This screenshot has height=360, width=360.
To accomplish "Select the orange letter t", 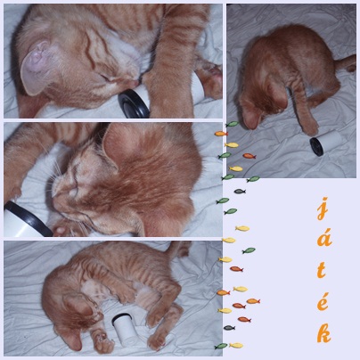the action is click(x=321, y=270).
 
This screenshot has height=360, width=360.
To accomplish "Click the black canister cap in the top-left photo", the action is click(x=134, y=104).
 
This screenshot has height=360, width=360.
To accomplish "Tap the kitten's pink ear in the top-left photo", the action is click(x=35, y=70).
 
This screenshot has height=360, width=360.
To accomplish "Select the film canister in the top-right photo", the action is click(x=325, y=143).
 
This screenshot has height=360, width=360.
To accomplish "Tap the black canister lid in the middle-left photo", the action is click(x=28, y=219).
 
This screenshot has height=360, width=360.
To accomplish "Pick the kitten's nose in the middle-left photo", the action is click(x=53, y=193).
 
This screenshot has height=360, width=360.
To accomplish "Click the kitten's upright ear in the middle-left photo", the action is click(x=119, y=144).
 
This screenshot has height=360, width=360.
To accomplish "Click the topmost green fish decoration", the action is click(x=233, y=124).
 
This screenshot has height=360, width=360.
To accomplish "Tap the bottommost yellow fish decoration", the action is click(x=236, y=346).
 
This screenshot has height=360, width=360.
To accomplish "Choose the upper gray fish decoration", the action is click(x=240, y=192).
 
